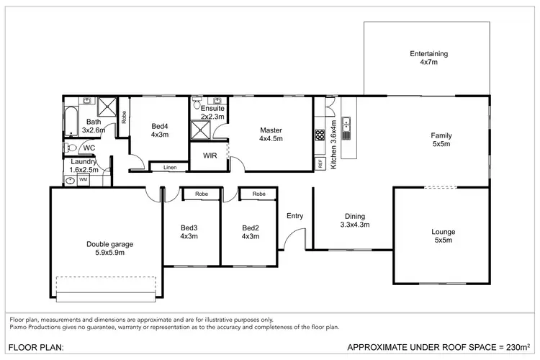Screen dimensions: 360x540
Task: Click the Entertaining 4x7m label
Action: click(428, 58)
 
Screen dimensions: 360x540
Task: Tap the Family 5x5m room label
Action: click(441, 140)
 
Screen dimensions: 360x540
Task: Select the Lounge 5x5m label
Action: click(443, 236)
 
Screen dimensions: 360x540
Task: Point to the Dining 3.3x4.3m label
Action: click(354, 220)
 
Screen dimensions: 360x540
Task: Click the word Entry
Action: click(294, 216)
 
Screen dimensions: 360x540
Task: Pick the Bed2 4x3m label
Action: click(250, 232)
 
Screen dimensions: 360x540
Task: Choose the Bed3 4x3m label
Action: click(189, 232)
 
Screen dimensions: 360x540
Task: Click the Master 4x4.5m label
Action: click(271, 135)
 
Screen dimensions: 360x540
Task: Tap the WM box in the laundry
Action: click(83, 180)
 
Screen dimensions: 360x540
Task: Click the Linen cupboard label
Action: click(169, 168)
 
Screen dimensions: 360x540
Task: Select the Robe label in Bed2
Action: click(259, 194)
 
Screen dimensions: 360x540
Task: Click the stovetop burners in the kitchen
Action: click(320, 135)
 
